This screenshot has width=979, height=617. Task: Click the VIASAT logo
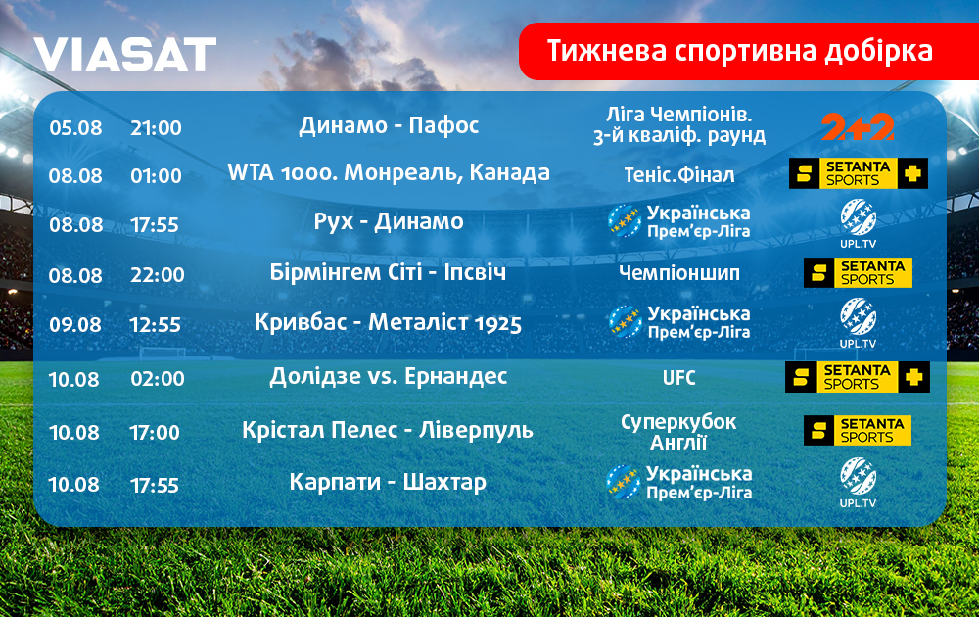tap(125, 54)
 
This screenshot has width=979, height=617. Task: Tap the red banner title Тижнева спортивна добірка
tap(740, 51)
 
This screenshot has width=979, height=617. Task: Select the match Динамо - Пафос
tap(389, 125)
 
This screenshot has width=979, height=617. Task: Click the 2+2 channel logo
tap(858, 127)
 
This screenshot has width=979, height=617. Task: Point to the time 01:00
tap(156, 175)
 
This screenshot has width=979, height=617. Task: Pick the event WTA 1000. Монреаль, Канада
tap(389, 173)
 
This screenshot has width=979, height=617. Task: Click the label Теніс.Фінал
tap(679, 175)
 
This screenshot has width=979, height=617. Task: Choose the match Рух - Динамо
tap(389, 221)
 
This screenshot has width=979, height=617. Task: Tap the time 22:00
tap(158, 275)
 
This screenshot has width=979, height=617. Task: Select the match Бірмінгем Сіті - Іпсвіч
tap(388, 272)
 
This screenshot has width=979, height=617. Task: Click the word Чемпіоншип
tap(679, 273)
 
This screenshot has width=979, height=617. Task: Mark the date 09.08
tap(75, 325)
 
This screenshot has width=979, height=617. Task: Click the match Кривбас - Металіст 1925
tap(388, 323)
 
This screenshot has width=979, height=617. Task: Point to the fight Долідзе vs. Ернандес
tap(388, 377)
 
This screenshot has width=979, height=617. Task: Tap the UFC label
tap(678, 378)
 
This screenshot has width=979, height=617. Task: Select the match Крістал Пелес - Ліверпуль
tap(387, 430)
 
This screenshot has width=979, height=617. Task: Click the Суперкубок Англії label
tap(678, 432)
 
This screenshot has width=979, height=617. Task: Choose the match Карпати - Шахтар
tap(388, 483)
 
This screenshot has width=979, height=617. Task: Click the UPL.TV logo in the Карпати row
tap(858, 483)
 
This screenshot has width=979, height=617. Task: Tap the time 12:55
tap(155, 325)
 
